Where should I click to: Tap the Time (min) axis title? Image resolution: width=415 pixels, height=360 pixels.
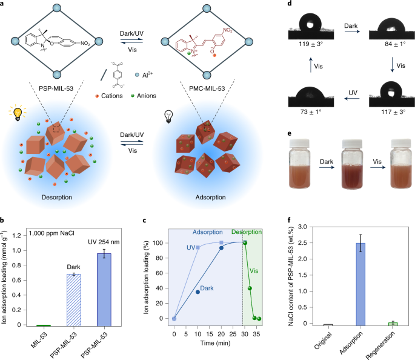click(214, 345)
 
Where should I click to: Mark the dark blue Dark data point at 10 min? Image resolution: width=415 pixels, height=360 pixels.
click(198, 292)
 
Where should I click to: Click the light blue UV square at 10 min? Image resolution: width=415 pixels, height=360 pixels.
click(198, 248)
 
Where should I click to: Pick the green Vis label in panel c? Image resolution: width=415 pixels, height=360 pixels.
click(254, 264)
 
